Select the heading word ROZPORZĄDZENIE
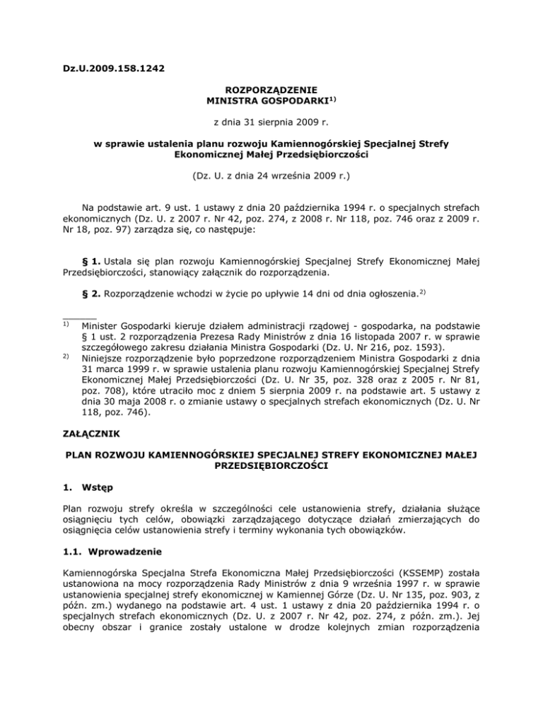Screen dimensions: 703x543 (x=271, y=90)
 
